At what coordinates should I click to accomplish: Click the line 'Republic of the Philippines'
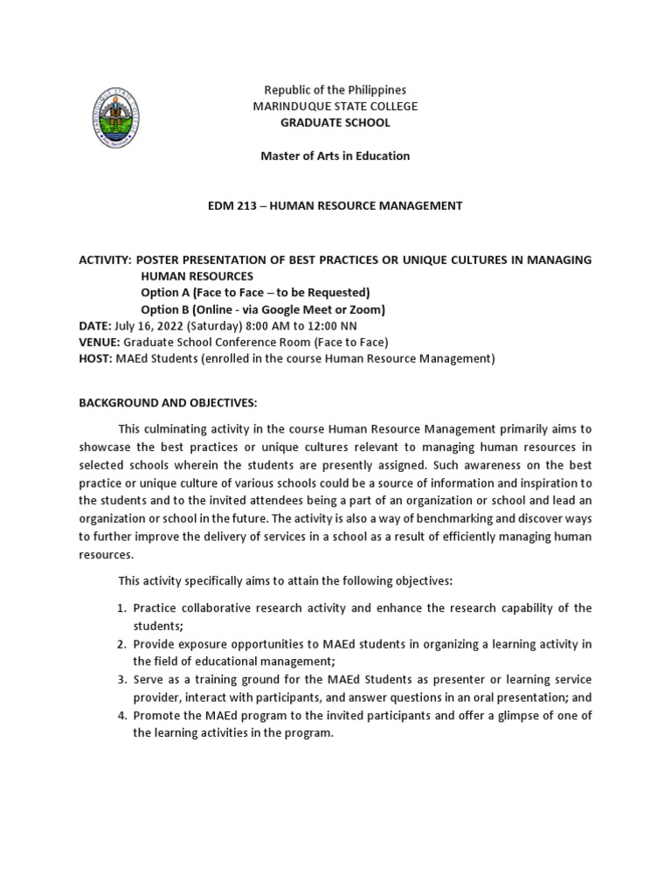(335, 90)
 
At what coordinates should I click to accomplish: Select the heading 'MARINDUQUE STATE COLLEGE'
(335, 107)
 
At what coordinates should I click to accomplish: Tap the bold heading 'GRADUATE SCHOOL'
(335, 122)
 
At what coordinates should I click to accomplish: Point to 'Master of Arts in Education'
(335, 156)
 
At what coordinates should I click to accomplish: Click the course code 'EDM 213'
(231, 205)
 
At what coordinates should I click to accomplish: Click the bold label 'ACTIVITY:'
(105, 260)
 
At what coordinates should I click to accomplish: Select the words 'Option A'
(163, 292)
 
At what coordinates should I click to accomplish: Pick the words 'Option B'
(163, 309)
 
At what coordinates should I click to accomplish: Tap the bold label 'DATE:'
(94, 325)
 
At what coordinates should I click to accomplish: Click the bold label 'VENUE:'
(100, 342)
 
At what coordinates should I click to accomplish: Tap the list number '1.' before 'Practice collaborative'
(122, 607)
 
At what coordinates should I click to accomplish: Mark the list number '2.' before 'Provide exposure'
(122, 644)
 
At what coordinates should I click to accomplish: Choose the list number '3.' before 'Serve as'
(122, 679)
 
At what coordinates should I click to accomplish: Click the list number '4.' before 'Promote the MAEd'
(122, 716)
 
